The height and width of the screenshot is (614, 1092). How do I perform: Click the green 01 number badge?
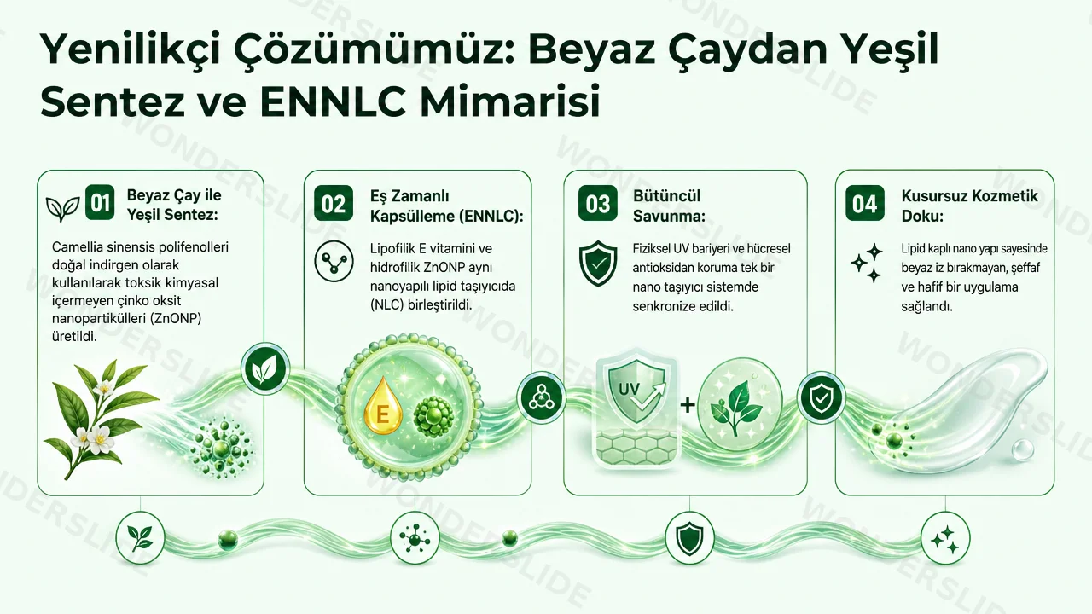100,202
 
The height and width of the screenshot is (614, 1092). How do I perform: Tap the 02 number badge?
334,203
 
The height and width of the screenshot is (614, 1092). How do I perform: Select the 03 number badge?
598,203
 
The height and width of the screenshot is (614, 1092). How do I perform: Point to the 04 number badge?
865,203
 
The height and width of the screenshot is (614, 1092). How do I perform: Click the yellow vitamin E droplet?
383,406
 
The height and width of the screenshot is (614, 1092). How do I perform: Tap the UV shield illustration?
636,390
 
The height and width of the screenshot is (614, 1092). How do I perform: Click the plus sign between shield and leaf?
688,405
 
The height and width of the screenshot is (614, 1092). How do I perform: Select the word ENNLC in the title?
333,102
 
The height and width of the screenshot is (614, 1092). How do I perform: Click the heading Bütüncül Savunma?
669,206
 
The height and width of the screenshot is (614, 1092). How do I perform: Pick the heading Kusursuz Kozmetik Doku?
969,206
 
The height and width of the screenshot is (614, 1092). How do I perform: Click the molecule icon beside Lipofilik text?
334,261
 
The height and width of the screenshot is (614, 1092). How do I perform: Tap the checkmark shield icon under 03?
598,264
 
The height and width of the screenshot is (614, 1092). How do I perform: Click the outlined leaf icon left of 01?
62,209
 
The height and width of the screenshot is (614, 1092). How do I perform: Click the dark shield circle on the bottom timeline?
689,538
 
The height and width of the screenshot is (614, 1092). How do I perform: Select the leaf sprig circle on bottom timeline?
141,538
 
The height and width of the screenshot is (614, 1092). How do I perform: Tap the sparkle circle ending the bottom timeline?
945,538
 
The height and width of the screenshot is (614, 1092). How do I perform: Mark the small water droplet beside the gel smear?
1022,449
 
